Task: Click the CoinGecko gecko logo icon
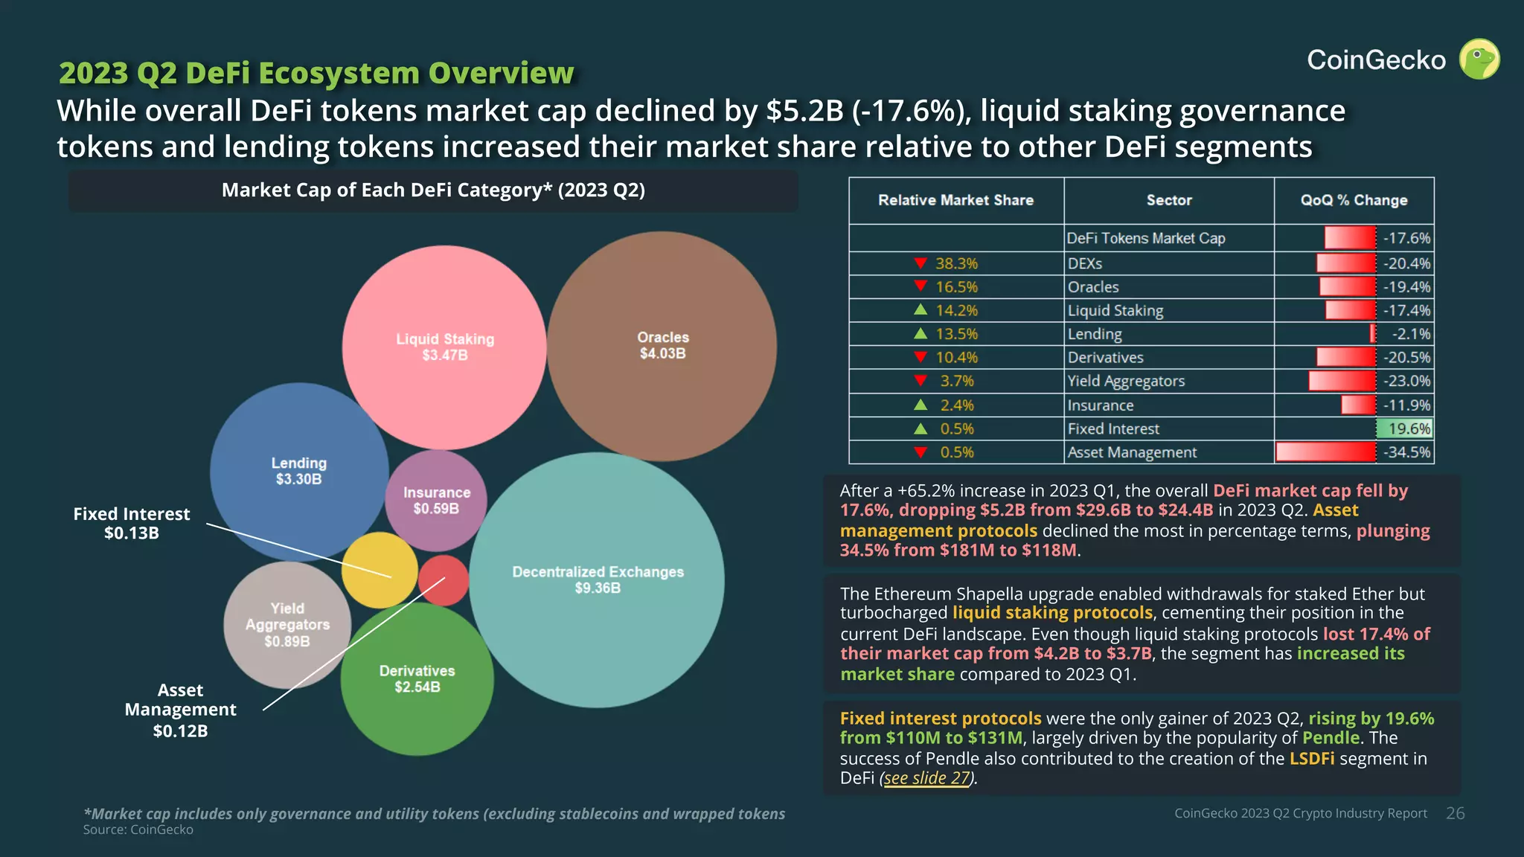pyautogui.click(x=1479, y=60)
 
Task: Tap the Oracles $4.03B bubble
pyautogui.click(x=662, y=345)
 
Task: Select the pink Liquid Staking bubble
pyautogui.click(x=444, y=347)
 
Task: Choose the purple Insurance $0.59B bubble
pyautogui.click(x=436, y=501)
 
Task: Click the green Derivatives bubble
pyautogui.click(x=417, y=678)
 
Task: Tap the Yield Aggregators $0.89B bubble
pyautogui.click(x=287, y=625)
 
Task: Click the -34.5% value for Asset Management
pyautogui.click(x=1406, y=452)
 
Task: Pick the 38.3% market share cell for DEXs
pyautogui.click(x=956, y=263)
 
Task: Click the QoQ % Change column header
pyautogui.click(x=1354, y=200)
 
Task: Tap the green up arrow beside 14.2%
pyautogui.click(x=921, y=309)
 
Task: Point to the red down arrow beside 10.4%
pyautogui.click(x=921, y=357)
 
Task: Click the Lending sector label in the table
pyautogui.click(x=1094, y=334)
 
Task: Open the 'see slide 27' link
pyautogui.click(x=927, y=778)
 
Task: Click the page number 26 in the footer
pyautogui.click(x=1455, y=813)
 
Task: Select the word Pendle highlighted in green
pyautogui.click(x=1331, y=738)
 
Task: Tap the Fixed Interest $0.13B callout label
pyautogui.click(x=132, y=523)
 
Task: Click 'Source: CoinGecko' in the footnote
pyautogui.click(x=138, y=829)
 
